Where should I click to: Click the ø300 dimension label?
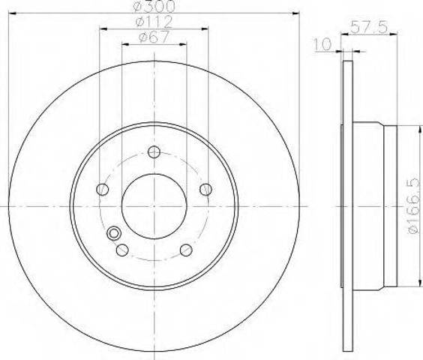coord(154,7)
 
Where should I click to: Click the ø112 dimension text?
coord(154,22)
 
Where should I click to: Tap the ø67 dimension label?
coord(154,37)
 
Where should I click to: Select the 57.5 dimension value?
coord(369,27)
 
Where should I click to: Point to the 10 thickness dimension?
coord(322,44)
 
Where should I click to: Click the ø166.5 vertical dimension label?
coord(414,205)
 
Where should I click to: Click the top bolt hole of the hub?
coord(154,152)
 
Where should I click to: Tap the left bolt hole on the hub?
coord(102,189)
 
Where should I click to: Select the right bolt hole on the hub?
coord(205,189)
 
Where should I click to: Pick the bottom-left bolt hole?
coord(122,250)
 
